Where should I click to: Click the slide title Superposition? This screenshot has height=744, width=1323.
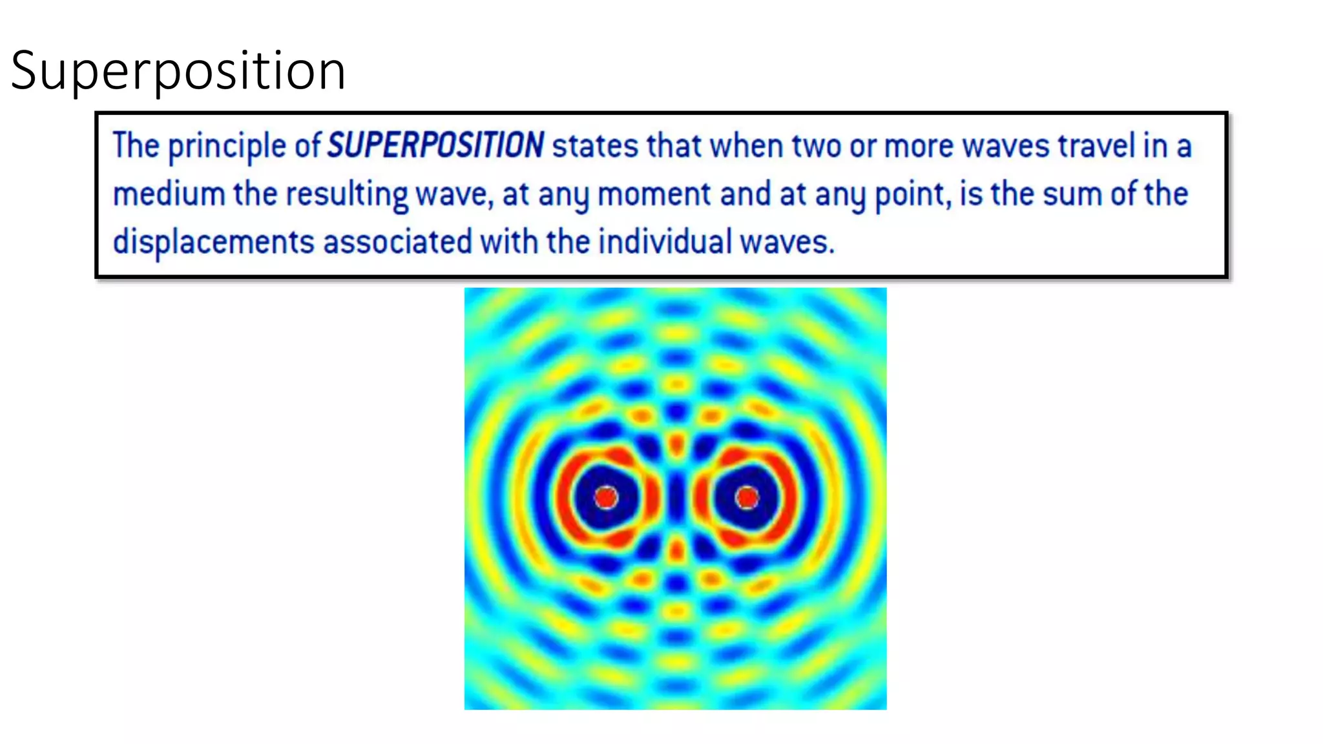pyautogui.click(x=178, y=70)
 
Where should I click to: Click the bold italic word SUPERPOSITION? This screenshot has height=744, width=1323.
pyautogui.click(x=435, y=145)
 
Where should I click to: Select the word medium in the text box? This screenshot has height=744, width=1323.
pyautogui.click(x=169, y=194)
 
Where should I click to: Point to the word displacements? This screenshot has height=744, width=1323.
pyautogui.click(x=213, y=242)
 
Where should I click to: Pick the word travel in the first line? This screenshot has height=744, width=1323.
pyautogui.click(x=1096, y=145)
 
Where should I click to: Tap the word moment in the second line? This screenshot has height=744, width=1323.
pyautogui.click(x=654, y=194)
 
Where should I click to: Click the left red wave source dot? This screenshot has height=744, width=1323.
pyautogui.click(x=606, y=497)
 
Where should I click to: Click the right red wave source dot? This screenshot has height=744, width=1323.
pyautogui.click(x=747, y=497)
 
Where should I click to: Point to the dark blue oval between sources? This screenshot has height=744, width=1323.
pyautogui.click(x=676, y=497)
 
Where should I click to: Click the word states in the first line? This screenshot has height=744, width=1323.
pyautogui.click(x=595, y=145)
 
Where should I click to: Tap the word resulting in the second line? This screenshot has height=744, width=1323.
pyautogui.click(x=347, y=194)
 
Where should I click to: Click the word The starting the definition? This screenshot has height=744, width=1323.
pyautogui.click(x=136, y=145)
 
